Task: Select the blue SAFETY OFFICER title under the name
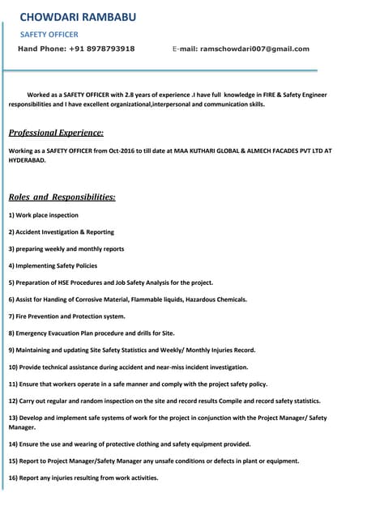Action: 49,35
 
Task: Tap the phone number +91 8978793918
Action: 101,49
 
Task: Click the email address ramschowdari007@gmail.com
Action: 254,49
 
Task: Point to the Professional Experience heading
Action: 56,132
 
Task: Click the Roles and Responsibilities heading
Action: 62,197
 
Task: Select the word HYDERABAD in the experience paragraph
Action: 27,160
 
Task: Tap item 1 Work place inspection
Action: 44,215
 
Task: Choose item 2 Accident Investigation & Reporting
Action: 62,232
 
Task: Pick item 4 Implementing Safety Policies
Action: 53,265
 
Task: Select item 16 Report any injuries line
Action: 83,478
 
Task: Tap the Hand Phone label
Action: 41,49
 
